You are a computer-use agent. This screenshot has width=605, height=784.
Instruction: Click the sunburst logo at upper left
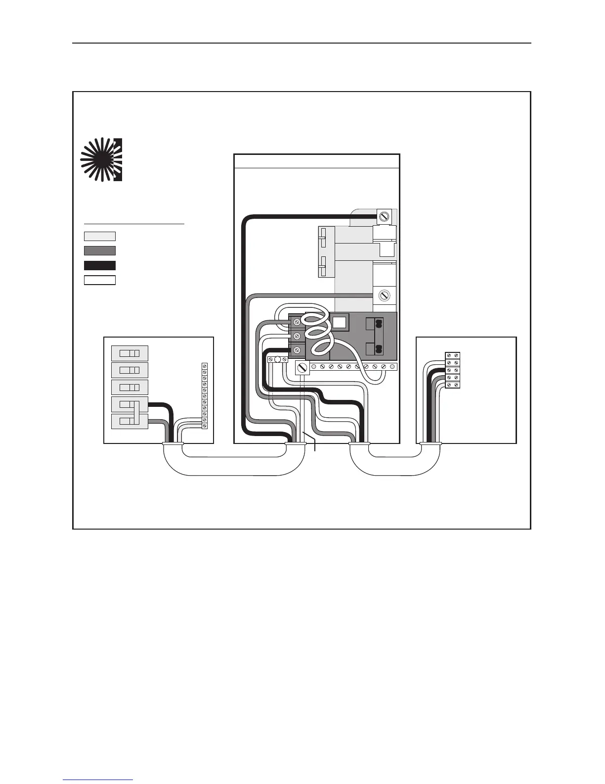pyautogui.click(x=102, y=158)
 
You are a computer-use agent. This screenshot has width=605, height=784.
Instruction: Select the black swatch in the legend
pyautogui.click(x=100, y=265)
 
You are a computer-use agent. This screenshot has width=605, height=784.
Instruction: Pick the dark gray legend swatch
pyautogui.click(x=100, y=250)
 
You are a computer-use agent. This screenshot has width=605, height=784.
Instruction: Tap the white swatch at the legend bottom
pyautogui.click(x=100, y=280)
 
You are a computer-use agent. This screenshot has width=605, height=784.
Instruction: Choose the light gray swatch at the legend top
pyautogui.click(x=100, y=236)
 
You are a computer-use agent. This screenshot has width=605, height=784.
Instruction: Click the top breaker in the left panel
pyautogui.click(x=130, y=353)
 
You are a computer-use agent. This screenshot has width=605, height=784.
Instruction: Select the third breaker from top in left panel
pyautogui.click(x=130, y=387)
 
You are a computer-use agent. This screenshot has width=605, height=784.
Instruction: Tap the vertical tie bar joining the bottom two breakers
pyautogui.click(x=134, y=413)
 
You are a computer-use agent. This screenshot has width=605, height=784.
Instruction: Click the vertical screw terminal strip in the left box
pyautogui.click(x=204, y=396)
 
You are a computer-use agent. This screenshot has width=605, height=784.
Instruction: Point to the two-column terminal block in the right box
pyautogui.click(x=453, y=370)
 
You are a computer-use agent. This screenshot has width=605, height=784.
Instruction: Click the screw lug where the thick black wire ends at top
pyautogui.click(x=384, y=216)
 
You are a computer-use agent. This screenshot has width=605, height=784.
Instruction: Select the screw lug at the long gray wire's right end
pyautogui.click(x=384, y=295)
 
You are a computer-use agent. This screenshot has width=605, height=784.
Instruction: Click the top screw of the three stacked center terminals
pyautogui.click(x=296, y=322)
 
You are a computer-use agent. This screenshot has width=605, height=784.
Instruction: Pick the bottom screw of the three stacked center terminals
pyautogui.click(x=296, y=350)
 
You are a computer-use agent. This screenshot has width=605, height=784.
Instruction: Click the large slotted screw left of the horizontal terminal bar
pyautogui.click(x=302, y=368)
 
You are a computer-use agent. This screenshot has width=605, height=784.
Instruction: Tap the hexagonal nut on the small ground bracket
pyautogui.click(x=277, y=360)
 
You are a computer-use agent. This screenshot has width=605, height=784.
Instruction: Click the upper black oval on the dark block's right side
pyautogui.click(x=379, y=324)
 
